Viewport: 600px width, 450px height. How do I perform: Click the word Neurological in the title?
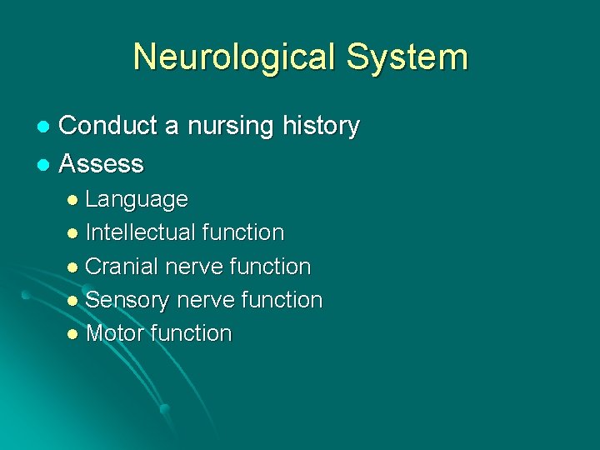234,57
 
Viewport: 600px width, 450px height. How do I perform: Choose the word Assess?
102,163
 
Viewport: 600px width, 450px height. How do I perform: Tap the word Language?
137,200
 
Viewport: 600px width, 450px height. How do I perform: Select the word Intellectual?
145,232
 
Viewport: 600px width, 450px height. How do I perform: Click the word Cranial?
122,267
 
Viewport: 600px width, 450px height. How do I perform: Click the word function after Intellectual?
247,232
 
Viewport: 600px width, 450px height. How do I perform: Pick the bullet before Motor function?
73,334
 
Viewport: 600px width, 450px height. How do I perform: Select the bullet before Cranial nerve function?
73,267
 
